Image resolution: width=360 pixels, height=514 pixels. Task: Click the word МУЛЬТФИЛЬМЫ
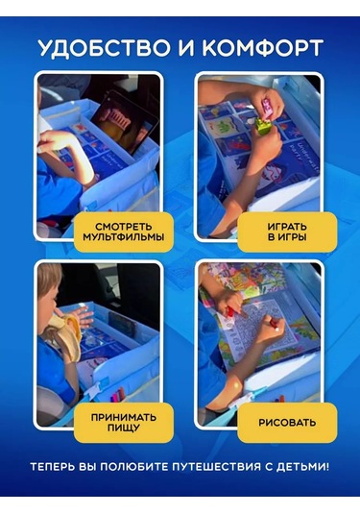click(123, 236)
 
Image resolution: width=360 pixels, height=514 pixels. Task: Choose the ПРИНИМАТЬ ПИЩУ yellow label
click(123, 421)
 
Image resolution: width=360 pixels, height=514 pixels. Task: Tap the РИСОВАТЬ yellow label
click(287, 421)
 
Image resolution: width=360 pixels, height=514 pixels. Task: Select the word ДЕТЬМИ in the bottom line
click(300, 468)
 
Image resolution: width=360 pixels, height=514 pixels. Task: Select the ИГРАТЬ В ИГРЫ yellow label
click(287, 231)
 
